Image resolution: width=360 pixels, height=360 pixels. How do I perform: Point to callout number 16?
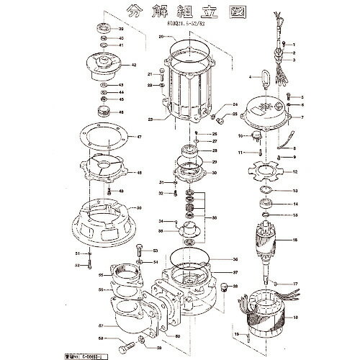coord(294,240)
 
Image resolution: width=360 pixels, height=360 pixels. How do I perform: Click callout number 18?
coord(294,318)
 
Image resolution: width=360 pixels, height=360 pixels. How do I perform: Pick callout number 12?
coord(294,173)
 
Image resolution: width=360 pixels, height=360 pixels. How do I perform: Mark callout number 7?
coord(303,117)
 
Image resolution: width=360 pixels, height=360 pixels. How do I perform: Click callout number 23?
coord(150,120)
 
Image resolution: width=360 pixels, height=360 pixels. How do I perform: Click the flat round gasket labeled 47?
coord(103,137)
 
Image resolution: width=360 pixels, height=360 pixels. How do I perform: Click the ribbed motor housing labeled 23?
coord(190,87)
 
